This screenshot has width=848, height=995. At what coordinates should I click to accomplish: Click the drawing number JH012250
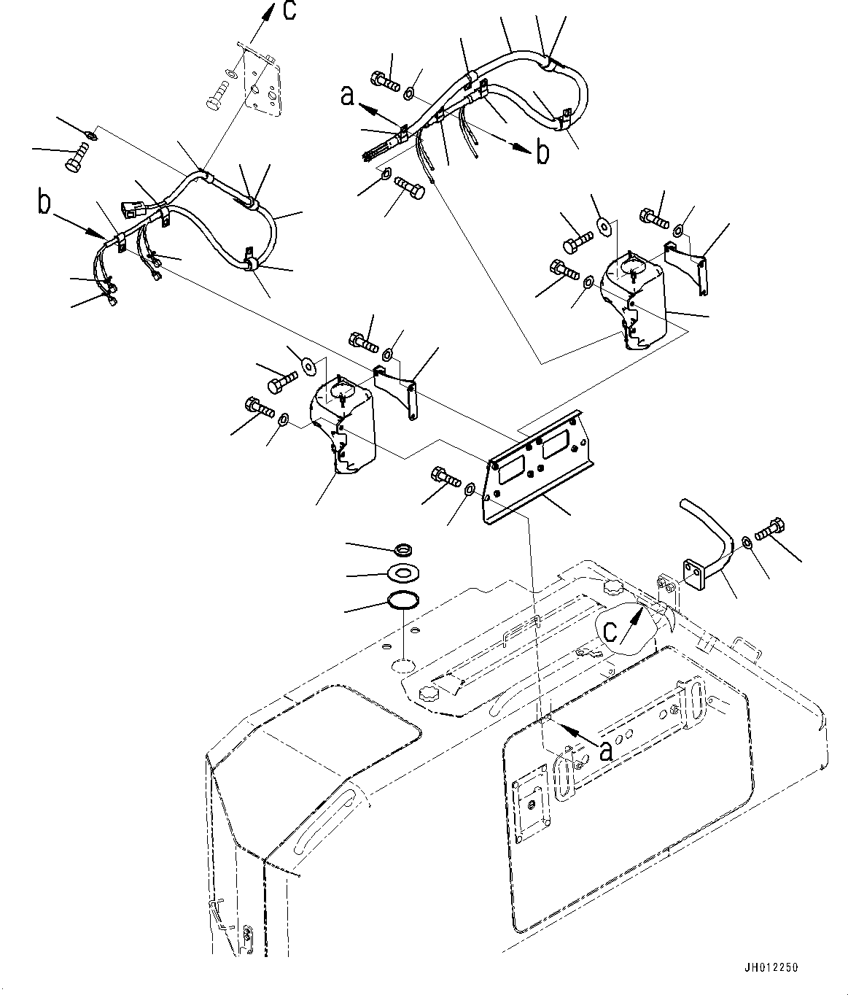point(771,968)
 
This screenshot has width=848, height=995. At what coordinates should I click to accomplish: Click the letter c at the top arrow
point(289,12)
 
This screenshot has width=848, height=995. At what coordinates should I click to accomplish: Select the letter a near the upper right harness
point(348,95)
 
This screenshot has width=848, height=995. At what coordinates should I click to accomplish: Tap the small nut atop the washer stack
point(402,548)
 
